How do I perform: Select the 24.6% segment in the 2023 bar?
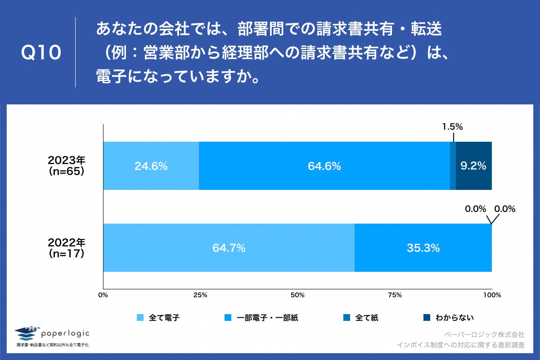tap(151, 166)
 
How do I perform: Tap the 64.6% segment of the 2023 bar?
tap(324, 166)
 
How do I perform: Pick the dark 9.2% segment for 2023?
tap(473, 166)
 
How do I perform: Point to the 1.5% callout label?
tap(452, 127)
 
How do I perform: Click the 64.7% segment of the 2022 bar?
tap(229, 247)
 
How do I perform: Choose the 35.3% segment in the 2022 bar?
tap(423, 247)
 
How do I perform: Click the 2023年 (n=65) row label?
tap(67, 166)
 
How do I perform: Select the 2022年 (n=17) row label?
tap(67, 247)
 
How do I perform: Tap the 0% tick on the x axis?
tap(103, 295)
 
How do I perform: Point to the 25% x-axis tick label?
tap(200, 295)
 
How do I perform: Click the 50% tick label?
tap(297, 295)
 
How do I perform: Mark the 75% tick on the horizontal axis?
tap(395, 295)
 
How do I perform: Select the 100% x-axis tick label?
tap(492, 295)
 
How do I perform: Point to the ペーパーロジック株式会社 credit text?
tap(484, 335)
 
